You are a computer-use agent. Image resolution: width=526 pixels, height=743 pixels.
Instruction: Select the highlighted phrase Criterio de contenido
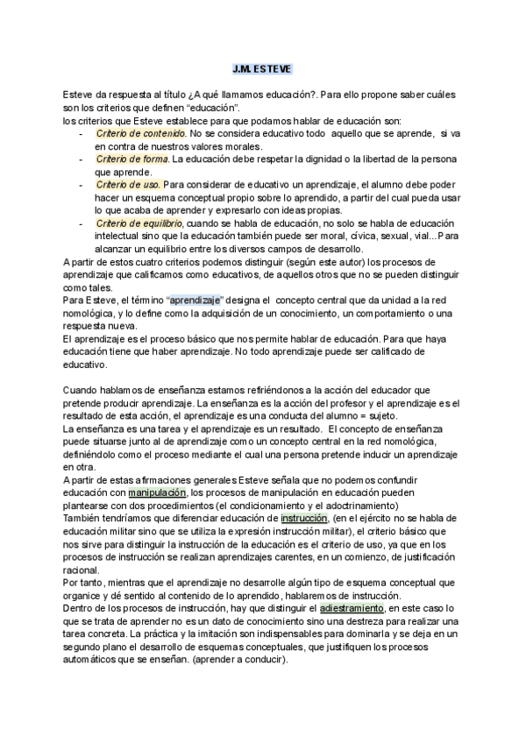click(x=140, y=133)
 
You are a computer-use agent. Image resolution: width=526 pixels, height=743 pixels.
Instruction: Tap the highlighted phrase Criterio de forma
click(x=132, y=159)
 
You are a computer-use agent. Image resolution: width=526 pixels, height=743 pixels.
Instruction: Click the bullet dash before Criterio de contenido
click(x=81, y=133)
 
